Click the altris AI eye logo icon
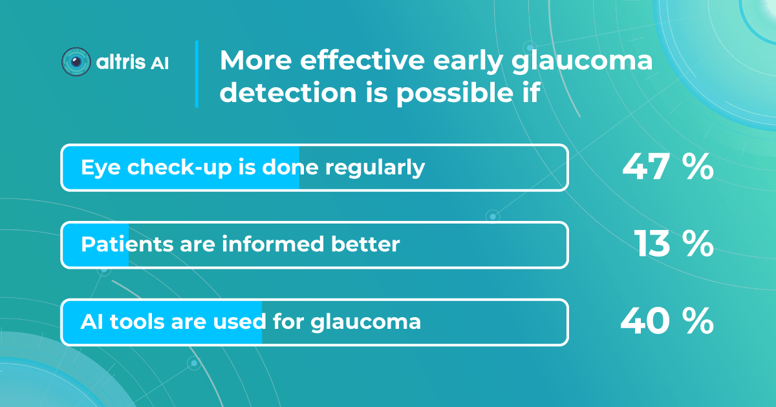(x=76, y=62)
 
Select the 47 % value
(x=667, y=168)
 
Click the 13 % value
(x=673, y=245)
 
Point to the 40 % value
(x=667, y=322)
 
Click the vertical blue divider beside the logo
(x=197, y=74)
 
